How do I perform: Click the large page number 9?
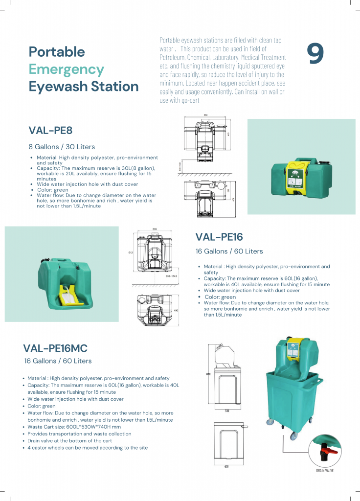(315, 54)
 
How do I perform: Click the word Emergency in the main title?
(67, 69)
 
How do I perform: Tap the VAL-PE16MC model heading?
(55, 348)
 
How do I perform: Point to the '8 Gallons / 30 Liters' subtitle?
(62, 147)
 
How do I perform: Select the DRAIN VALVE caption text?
(325, 470)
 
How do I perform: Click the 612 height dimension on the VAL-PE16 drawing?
(131, 253)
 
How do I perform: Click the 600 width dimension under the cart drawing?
(226, 466)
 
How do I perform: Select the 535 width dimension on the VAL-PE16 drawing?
(155, 228)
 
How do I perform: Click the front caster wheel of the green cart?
(293, 435)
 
